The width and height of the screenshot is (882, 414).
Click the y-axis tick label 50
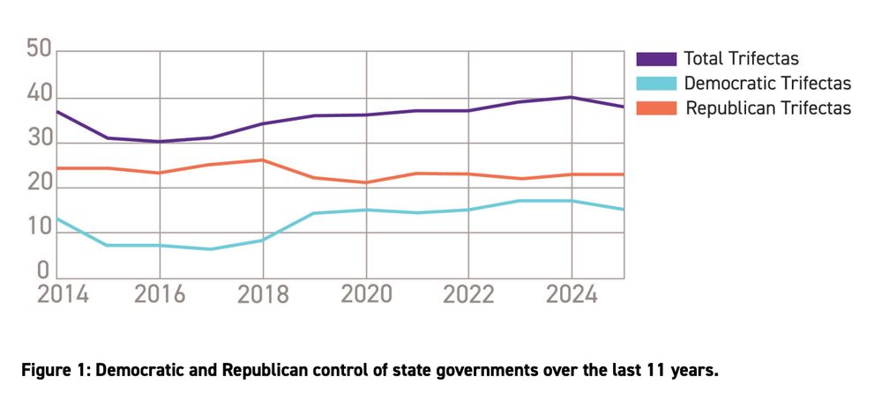tap(39, 48)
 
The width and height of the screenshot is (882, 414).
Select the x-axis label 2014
tap(63, 294)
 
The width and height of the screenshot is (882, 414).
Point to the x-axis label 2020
tap(365, 294)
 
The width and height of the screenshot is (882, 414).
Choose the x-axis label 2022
tap(468, 294)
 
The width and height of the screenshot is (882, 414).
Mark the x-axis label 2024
tap(572, 294)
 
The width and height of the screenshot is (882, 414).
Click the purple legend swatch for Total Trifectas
tap(656, 59)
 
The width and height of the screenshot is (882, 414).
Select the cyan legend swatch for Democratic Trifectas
tap(656, 84)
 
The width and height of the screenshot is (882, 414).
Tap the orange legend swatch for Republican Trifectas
tap(656, 108)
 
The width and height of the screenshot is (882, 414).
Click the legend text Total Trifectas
tap(741, 59)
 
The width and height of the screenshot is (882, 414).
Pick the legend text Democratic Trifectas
tap(766, 84)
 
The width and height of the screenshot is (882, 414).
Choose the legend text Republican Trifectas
tap(767, 108)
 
